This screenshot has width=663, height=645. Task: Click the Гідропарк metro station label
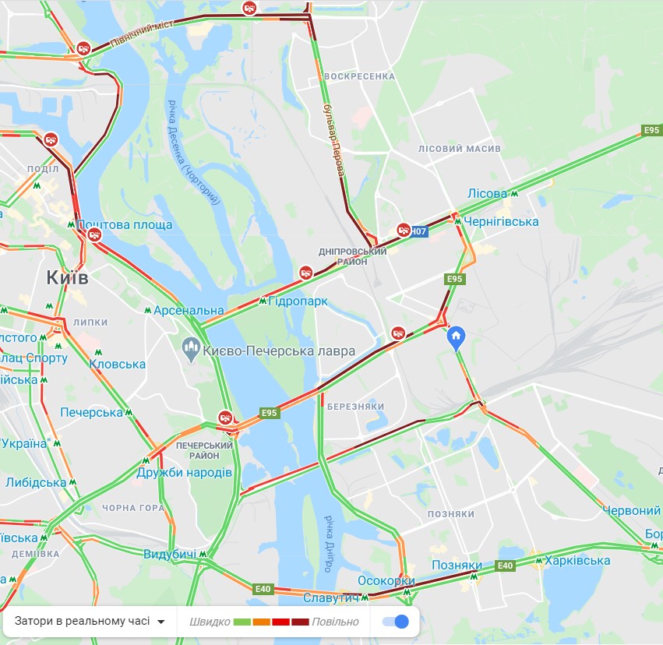click(298, 301)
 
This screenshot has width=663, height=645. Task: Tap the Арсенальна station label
click(188, 310)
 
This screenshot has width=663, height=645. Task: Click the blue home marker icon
click(456, 337)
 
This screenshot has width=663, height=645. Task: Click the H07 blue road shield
click(419, 231)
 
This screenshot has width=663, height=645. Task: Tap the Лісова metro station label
click(487, 193)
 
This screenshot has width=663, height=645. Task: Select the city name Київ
click(68, 277)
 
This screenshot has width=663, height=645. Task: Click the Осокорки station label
click(386, 581)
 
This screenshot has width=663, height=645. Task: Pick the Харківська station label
click(577, 560)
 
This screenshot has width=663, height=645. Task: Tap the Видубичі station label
click(171, 554)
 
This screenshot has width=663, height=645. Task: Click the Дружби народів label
click(185, 473)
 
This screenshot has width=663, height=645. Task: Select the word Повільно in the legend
click(336, 622)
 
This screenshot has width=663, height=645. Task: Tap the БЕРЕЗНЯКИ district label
click(356, 407)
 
